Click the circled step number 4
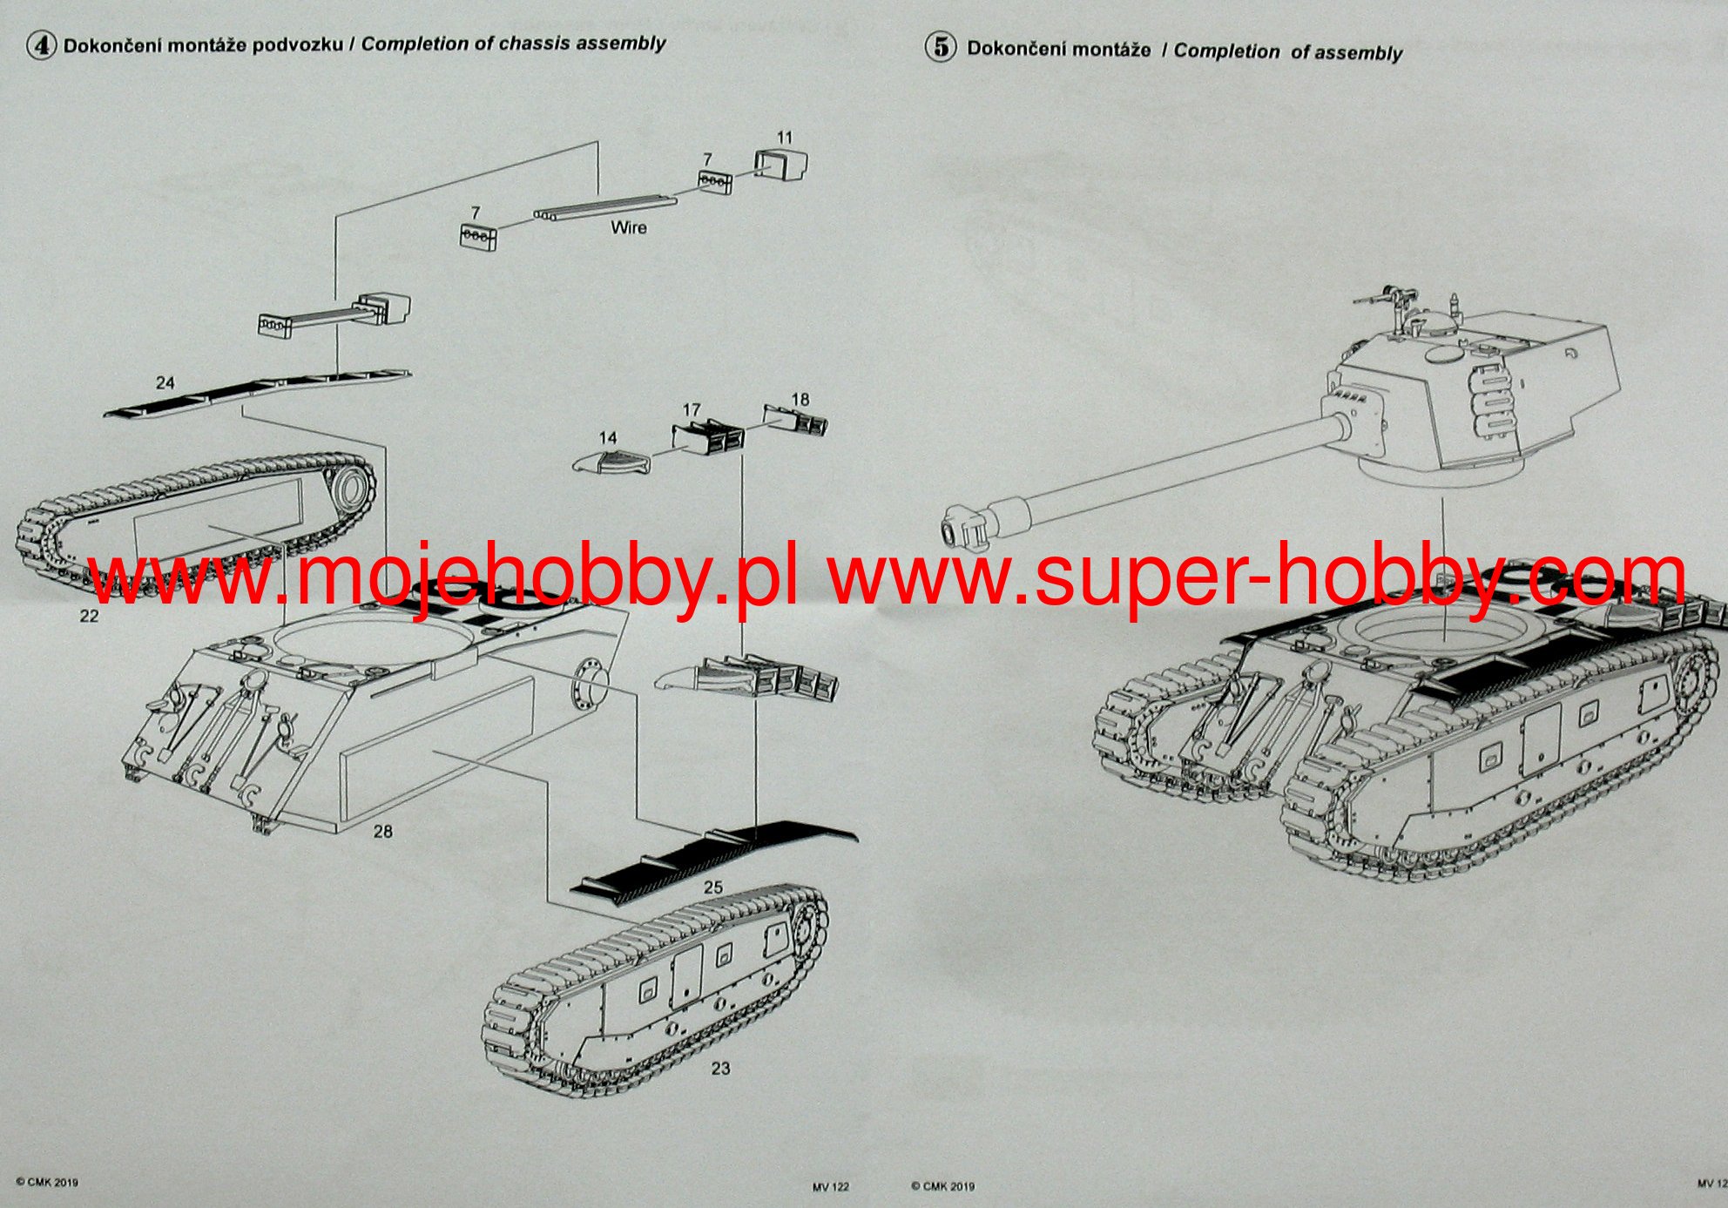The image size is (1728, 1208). (x=40, y=45)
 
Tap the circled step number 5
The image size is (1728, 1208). (x=941, y=47)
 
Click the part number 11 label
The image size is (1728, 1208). (x=785, y=138)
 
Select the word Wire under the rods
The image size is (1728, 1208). (x=629, y=227)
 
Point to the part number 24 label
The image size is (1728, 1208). (x=165, y=382)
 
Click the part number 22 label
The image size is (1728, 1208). (x=89, y=616)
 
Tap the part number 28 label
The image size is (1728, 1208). (x=383, y=831)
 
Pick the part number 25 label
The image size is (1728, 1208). (x=713, y=887)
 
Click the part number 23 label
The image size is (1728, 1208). (x=720, y=1068)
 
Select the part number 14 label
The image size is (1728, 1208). (x=608, y=438)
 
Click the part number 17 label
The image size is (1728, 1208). (x=692, y=409)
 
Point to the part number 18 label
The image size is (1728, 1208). (x=800, y=399)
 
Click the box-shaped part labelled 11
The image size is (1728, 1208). (x=780, y=164)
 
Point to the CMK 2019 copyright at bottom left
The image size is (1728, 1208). (x=47, y=1182)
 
